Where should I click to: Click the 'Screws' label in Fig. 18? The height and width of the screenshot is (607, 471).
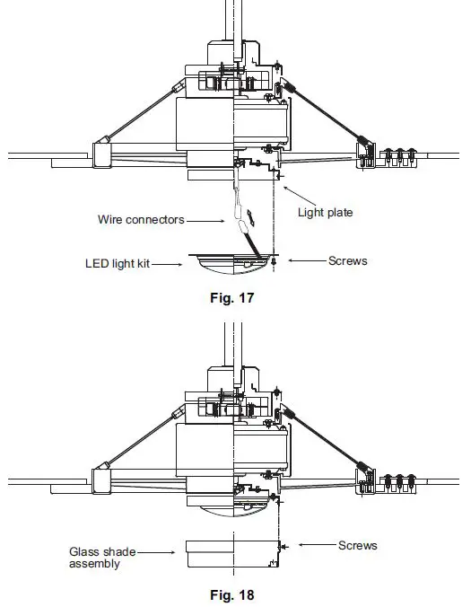coord(357,545)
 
